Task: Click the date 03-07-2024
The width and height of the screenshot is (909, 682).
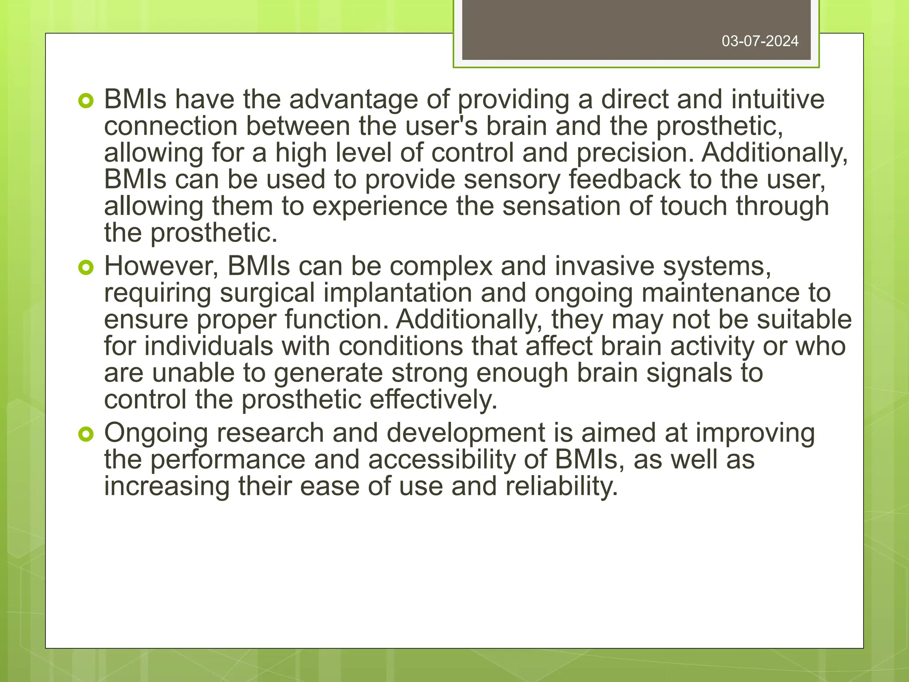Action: pos(760,41)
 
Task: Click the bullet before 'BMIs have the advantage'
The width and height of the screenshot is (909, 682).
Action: pos(86,102)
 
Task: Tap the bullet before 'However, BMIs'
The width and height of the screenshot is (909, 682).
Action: pos(86,268)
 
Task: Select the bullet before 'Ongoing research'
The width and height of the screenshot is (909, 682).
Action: pos(86,434)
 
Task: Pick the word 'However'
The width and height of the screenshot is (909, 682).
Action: pos(162,266)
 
